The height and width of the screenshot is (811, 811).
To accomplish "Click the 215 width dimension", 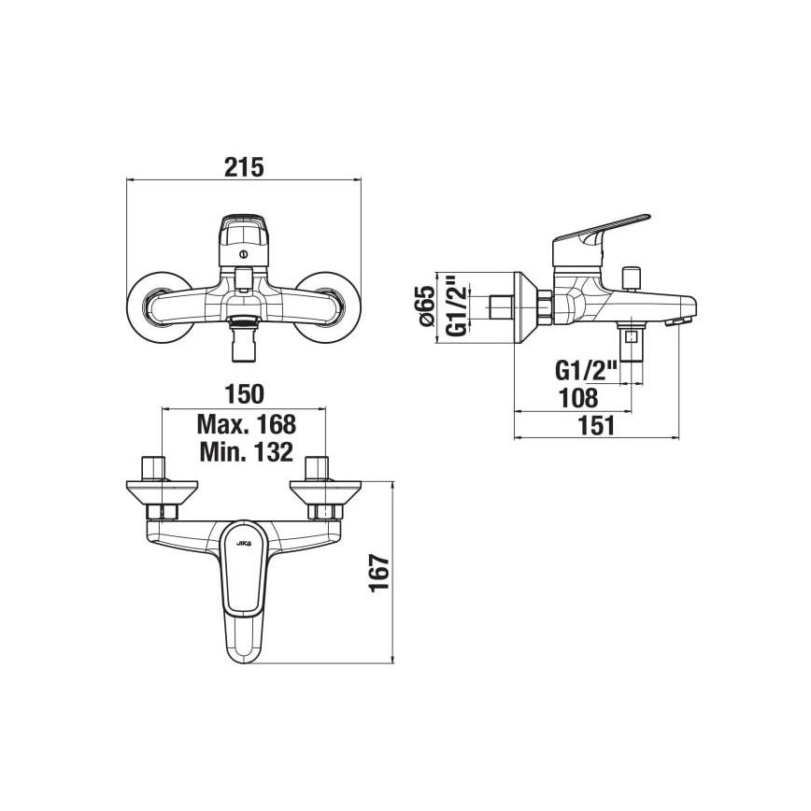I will [x=244, y=166].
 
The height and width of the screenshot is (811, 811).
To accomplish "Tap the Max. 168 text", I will [x=246, y=424].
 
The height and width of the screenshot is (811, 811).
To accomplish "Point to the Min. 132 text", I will [x=246, y=453].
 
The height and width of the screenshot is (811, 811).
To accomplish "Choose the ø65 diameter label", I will [x=427, y=306].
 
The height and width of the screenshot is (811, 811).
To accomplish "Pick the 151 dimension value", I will [x=596, y=426].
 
